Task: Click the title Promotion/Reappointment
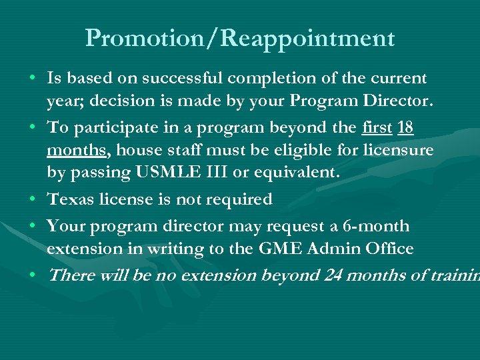pos(240,39)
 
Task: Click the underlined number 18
pos(405,128)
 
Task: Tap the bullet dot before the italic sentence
pos(33,275)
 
